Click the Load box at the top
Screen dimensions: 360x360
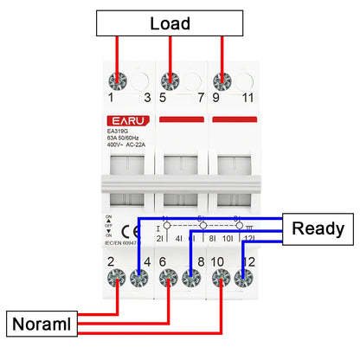pyautogui.click(x=170, y=23)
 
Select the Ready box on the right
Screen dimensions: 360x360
pyautogui.click(x=318, y=229)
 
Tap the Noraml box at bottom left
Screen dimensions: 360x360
pyautogui.click(x=41, y=325)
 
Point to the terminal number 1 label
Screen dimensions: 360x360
pyautogui.click(x=112, y=99)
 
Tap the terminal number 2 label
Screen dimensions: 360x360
pyautogui.click(x=112, y=260)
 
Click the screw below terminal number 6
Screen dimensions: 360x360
pyautogui.click(x=168, y=280)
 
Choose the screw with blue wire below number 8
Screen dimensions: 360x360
pyautogui.click(x=193, y=280)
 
